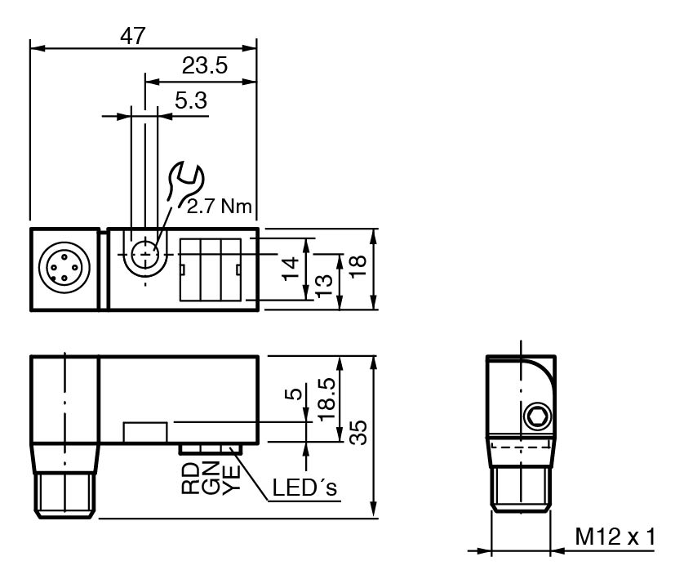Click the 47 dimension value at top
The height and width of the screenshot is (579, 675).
coord(132,36)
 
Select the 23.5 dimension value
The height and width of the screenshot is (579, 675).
coord(204,65)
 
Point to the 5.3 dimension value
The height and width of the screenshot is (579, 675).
coord(191,100)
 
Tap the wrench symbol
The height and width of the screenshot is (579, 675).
coord(184,183)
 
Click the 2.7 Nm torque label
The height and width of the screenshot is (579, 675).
coord(219,207)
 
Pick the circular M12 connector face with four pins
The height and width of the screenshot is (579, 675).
coord(64,268)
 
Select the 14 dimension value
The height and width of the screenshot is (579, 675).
coord(291,269)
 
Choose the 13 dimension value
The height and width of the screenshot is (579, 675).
coord(324,286)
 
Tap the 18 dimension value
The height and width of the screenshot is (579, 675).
coord(357,267)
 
